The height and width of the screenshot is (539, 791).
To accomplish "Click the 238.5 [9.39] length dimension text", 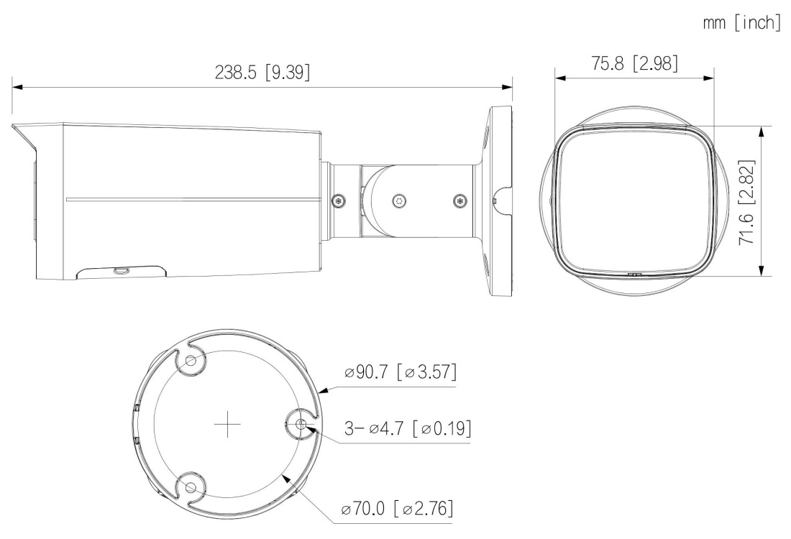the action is tap(262, 72).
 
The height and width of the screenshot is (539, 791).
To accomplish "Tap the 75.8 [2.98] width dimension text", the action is tap(635, 63).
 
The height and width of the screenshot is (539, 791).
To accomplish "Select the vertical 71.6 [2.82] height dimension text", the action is tap(747, 202).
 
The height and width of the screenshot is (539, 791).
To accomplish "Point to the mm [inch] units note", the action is tap(741, 22).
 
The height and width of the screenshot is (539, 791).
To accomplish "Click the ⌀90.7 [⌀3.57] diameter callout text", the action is tap(401, 372).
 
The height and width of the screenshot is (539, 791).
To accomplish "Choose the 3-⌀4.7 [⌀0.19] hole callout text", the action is tap(408, 428).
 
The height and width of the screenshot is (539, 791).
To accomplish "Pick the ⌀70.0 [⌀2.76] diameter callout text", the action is tap(397, 508).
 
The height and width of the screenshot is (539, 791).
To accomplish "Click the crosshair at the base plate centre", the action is tap(227, 424).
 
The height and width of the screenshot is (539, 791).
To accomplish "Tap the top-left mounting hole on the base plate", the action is tap(191, 361).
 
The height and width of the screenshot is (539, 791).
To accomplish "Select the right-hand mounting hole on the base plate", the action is tap(301, 424).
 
